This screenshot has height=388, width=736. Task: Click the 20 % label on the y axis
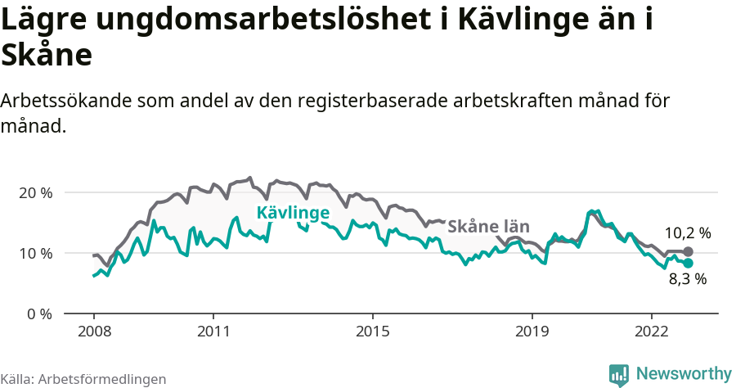34,192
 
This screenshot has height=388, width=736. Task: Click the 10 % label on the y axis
34,253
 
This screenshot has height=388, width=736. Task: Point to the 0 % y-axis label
38,314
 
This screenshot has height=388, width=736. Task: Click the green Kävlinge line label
293,214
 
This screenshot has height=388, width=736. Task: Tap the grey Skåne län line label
489,227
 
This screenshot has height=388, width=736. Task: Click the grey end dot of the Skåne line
688,251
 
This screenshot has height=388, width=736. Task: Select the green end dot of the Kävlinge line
688,263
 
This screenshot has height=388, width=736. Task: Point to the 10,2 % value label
687,233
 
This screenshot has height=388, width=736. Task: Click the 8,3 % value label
687,279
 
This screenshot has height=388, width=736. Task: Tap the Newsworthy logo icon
619,374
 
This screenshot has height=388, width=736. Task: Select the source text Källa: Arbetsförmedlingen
83,379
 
